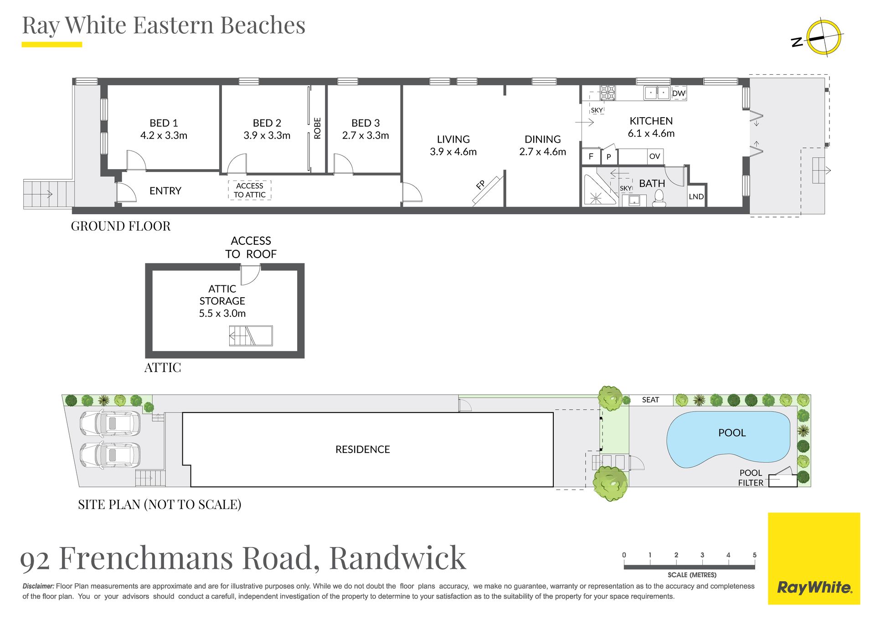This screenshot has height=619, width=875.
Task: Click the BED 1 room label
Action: pos(163,123)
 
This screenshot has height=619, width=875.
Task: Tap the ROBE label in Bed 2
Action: pos(318,128)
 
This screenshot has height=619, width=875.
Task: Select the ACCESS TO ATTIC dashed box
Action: pos(250,190)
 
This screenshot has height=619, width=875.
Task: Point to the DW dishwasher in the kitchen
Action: pos(679,93)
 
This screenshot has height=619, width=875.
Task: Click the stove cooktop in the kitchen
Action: pos(607,93)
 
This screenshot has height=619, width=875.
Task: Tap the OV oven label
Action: pos(654,156)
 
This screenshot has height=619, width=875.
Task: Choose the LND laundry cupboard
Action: pos(696,196)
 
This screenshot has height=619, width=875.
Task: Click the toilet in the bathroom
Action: pos(659,198)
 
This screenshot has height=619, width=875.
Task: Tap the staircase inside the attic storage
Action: pos(251,335)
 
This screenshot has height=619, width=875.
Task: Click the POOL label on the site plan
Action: pos(732,433)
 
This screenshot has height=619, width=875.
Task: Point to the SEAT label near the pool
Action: pos(650,400)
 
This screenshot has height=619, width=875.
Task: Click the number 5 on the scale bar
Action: pos(754,555)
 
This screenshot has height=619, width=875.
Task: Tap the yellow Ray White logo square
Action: pos(814,558)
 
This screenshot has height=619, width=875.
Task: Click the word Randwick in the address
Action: pos(397,557)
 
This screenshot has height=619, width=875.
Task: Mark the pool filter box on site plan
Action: pos(782,480)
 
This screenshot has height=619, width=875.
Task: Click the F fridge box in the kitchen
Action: pos(591,156)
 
